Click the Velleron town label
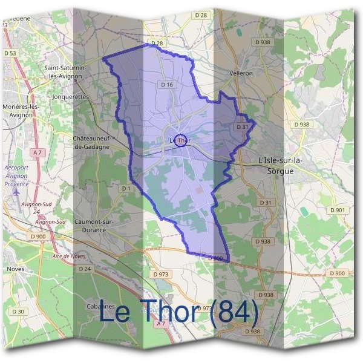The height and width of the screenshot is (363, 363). click(241, 73)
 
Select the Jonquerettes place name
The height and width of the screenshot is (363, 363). click(71, 96)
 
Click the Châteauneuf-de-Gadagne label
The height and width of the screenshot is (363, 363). click(91, 142)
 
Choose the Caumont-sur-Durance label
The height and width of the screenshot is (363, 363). click(94, 226)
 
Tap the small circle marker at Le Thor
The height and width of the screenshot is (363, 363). click(180, 140)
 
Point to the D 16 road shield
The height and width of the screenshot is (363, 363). click(168, 85)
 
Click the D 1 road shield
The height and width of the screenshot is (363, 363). click(126, 189)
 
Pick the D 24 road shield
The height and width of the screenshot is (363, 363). click(85, 268)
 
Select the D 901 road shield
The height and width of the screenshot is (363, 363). click(338, 210)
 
